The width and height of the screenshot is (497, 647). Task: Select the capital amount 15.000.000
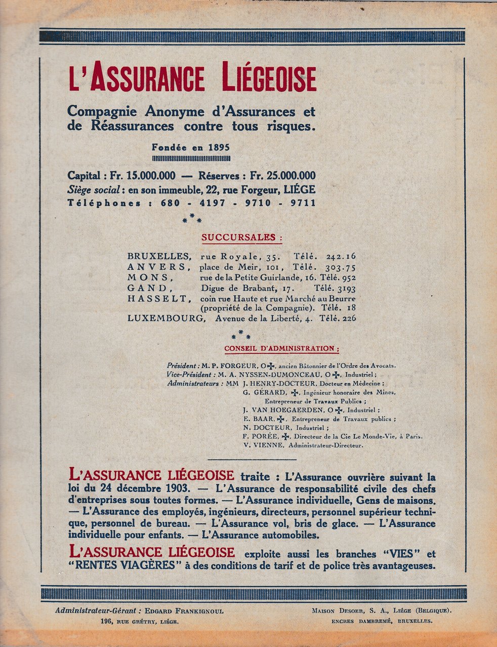151,176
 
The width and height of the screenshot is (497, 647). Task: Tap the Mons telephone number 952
349,278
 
